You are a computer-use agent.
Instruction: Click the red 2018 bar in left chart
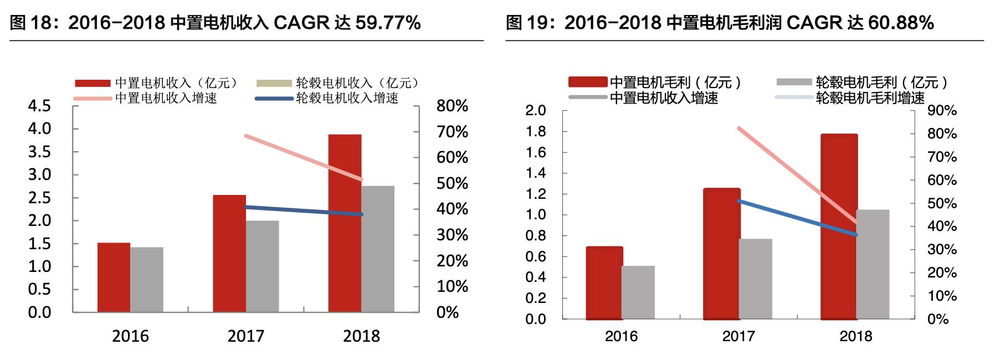pyautogui.click(x=345, y=223)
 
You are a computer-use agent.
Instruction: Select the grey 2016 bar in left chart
pyautogui.click(x=147, y=279)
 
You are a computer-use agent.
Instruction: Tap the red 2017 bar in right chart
pyautogui.click(x=721, y=254)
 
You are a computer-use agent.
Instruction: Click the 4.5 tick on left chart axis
pyautogui.click(x=39, y=106)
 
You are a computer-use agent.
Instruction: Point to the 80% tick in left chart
pyautogui.click(x=452, y=106)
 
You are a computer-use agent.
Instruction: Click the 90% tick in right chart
pyautogui.click(x=942, y=111)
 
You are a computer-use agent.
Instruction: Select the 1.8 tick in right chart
pyautogui.click(x=536, y=131)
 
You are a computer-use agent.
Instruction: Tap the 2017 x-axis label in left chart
pyautogui.click(x=246, y=336)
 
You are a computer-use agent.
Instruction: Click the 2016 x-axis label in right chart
pyautogui.click(x=621, y=336)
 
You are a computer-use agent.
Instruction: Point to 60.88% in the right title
pyautogui.click(x=901, y=23)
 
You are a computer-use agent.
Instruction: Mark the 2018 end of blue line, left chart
pyautogui.click(x=361, y=214)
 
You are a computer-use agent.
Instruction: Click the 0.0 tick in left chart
pyautogui.click(x=39, y=312)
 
